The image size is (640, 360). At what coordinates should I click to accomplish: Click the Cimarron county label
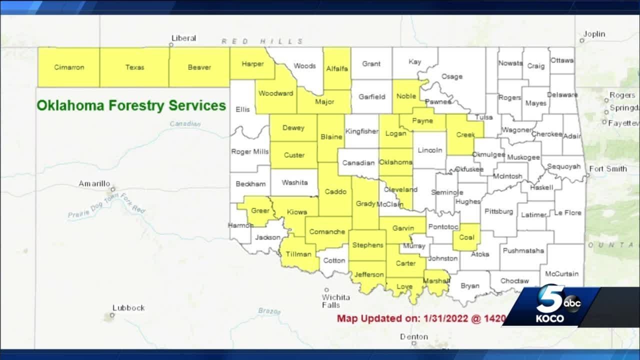69,67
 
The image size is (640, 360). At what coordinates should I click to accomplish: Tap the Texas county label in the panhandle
134,67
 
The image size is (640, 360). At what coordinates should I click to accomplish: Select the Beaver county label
199,67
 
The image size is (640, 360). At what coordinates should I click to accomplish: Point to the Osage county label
451,76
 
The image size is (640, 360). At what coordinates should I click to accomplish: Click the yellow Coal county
466,237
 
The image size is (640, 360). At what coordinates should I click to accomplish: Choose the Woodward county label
275,93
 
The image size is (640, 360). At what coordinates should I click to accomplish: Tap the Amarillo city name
94,184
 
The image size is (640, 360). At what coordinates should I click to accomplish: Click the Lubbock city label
128,308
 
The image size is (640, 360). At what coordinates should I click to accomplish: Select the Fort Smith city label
608,169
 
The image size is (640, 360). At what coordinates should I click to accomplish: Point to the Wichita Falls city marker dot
326,289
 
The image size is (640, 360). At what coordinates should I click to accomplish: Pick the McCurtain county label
561,274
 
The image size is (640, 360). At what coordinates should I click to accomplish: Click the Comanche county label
327,232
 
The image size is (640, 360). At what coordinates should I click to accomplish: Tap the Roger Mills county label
249,152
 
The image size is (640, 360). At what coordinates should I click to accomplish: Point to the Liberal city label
183,38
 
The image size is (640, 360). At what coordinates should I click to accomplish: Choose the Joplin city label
594,34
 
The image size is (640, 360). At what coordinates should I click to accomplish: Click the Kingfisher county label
362,131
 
